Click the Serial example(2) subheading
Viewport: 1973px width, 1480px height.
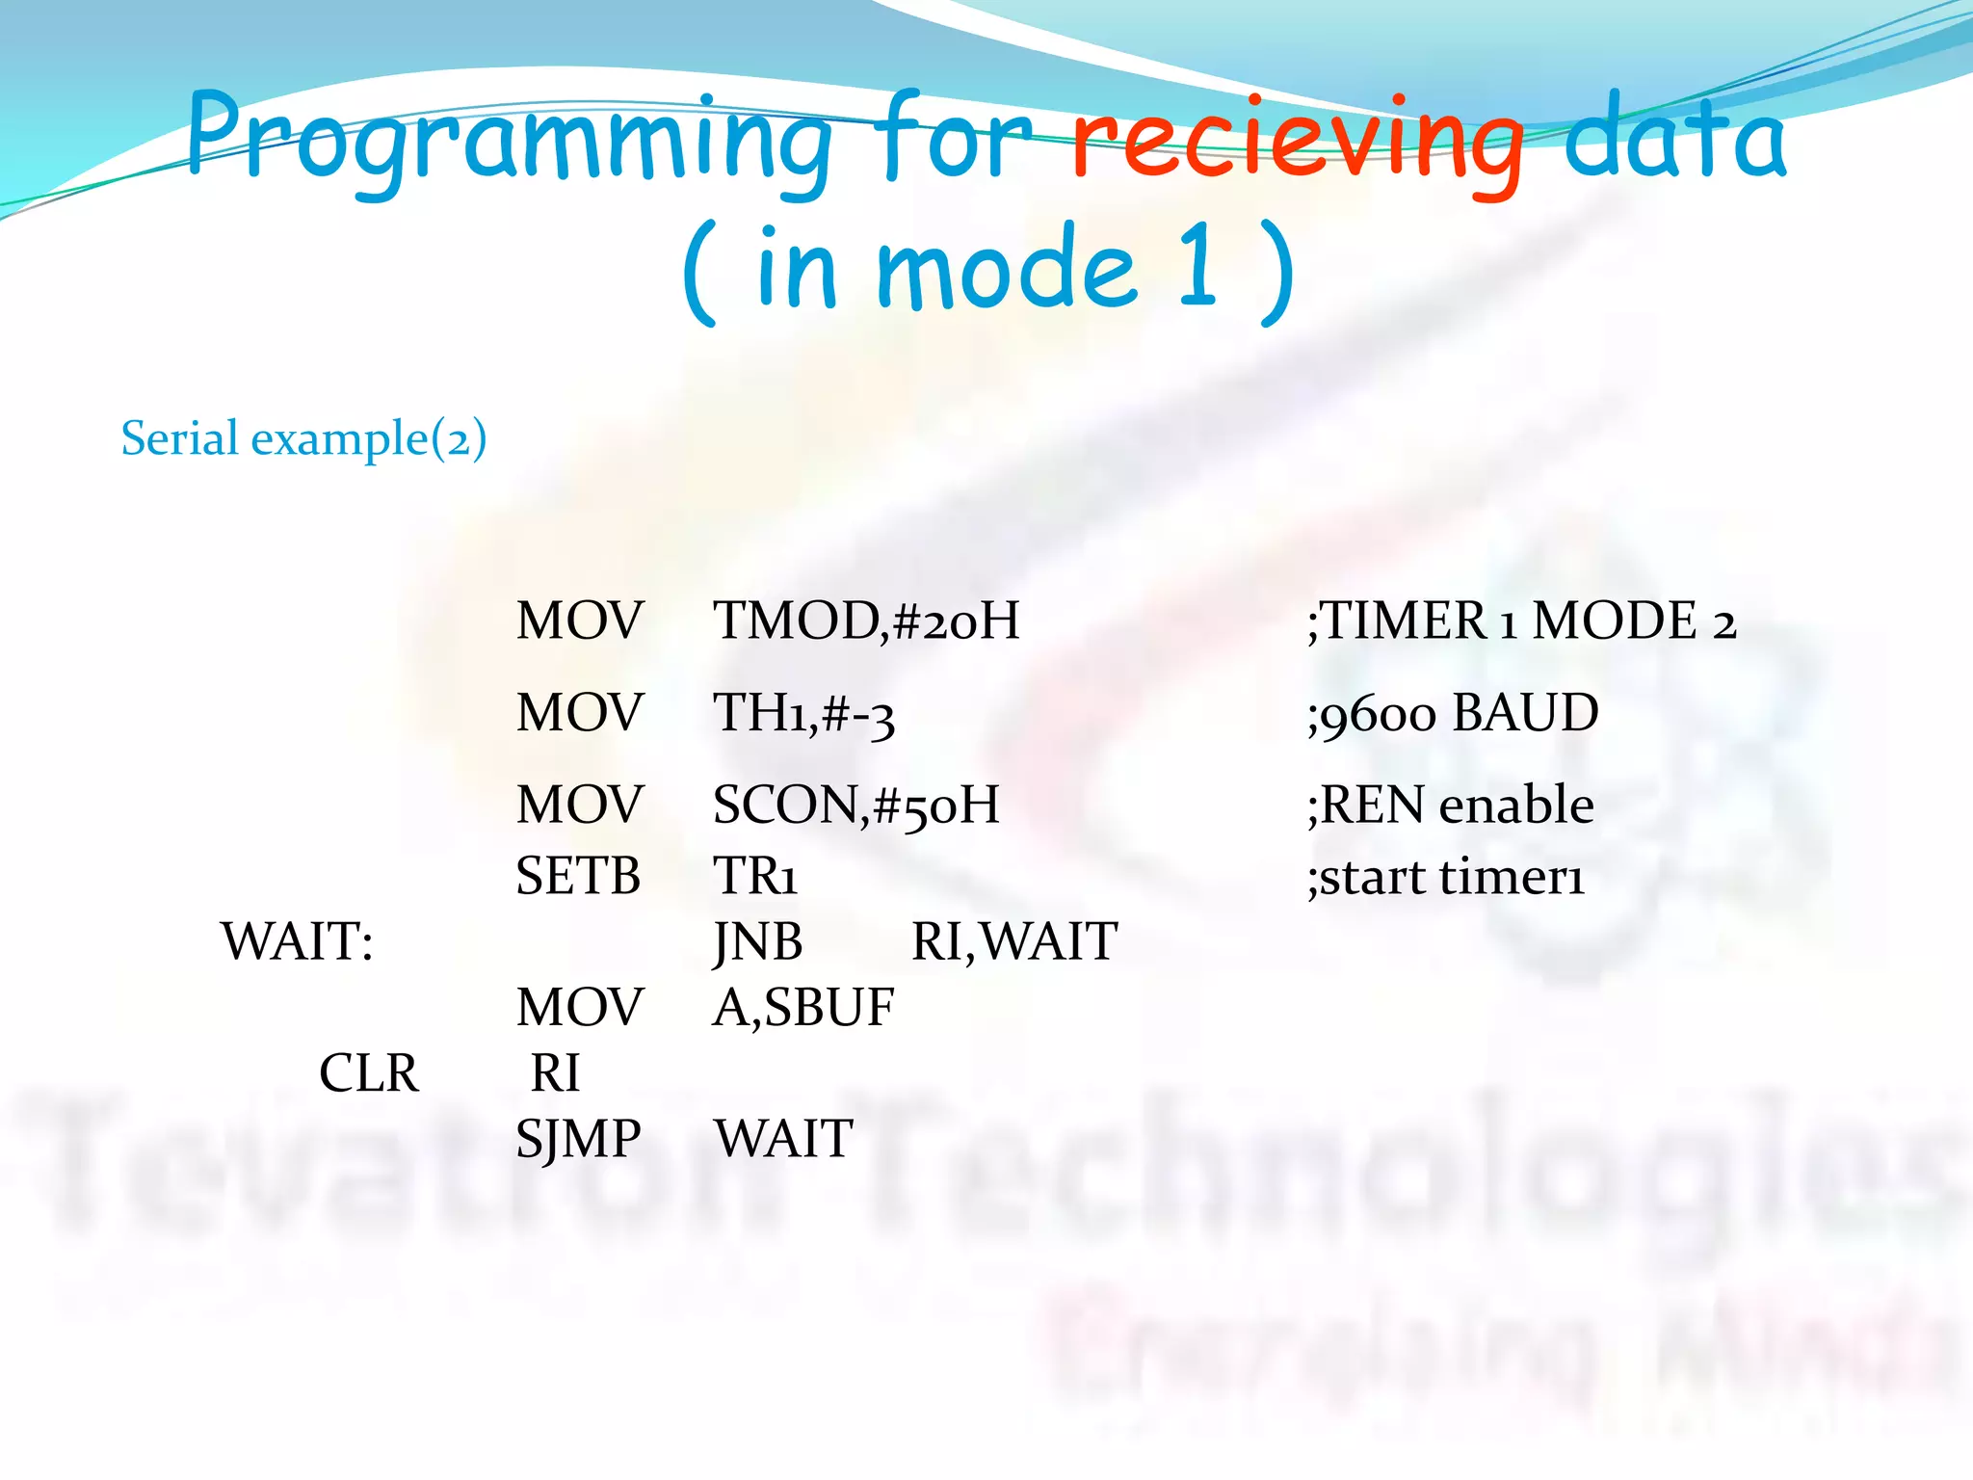303,438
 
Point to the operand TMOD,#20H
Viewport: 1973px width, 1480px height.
865,621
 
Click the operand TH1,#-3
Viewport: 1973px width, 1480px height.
803,714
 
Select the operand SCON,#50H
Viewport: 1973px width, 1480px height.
855,806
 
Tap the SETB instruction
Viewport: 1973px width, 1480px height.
578,877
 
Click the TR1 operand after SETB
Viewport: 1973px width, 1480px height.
754,877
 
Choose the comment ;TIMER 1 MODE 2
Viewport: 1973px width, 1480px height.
1521,621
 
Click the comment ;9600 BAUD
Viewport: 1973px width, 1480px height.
1452,714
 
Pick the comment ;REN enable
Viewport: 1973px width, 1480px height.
1450,806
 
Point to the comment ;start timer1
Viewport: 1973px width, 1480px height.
1445,877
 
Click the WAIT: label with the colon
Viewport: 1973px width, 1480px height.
297,941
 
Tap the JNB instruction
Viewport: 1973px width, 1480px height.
758,941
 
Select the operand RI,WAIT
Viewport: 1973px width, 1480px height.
1013,941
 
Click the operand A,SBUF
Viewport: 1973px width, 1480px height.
803,1008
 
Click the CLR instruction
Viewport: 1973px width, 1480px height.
369,1073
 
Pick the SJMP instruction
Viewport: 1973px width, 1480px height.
578,1139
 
